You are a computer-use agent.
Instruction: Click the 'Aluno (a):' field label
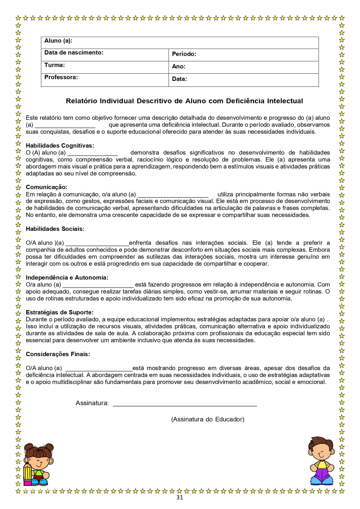(x=58, y=41)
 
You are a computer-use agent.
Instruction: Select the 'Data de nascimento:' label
(x=74, y=53)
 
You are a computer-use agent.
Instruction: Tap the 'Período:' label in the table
(x=184, y=54)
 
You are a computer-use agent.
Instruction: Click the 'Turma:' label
(x=55, y=65)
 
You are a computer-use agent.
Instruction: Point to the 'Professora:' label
(x=61, y=77)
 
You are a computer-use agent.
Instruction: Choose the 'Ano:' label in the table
(x=178, y=66)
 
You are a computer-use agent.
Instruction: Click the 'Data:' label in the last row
(x=179, y=79)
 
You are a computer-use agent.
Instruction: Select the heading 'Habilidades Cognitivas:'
(x=60, y=146)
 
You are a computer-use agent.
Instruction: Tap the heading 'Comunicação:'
(x=46, y=187)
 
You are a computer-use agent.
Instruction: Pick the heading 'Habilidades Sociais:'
(x=55, y=229)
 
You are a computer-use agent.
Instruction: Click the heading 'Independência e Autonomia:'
(x=67, y=278)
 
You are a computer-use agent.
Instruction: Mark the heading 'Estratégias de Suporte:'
(x=59, y=312)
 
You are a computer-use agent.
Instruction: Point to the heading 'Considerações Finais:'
(x=58, y=354)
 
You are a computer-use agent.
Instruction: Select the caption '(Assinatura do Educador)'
(x=208, y=419)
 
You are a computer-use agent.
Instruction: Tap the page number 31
(x=180, y=497)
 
